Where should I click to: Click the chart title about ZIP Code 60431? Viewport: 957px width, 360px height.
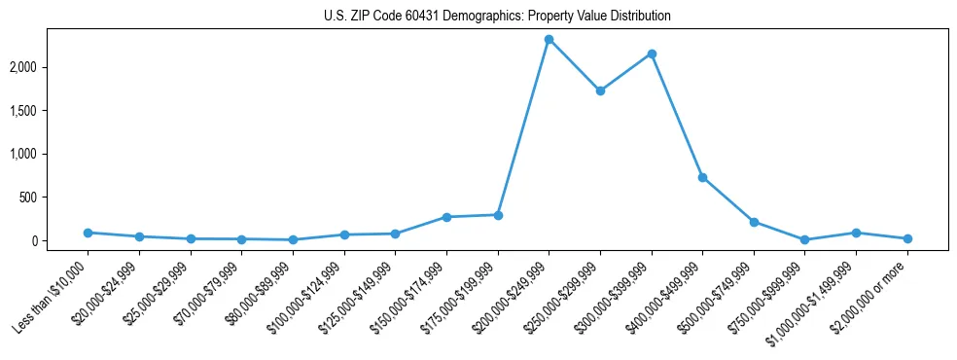tap(497, 17)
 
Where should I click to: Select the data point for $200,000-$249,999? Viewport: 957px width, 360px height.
tap(549, 39)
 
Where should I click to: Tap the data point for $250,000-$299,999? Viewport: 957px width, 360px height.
tap(600, 90)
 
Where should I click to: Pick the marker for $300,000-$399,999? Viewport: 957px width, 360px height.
tap(652, 54)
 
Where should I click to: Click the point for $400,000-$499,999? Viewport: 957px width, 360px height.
tap(702, 177)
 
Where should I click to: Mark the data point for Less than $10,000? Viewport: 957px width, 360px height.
tap(88, 233)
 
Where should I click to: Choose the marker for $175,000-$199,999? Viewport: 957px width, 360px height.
tap(498, 215)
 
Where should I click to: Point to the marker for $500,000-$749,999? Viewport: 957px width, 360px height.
tap(754, 222)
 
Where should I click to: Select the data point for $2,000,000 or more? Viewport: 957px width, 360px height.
tap(907, 238)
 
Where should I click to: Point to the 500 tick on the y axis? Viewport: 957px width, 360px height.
tap(56, 198)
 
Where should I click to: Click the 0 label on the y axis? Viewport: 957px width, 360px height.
tap(62, 240)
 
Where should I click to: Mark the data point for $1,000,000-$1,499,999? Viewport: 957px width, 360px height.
tap(856, 233)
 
